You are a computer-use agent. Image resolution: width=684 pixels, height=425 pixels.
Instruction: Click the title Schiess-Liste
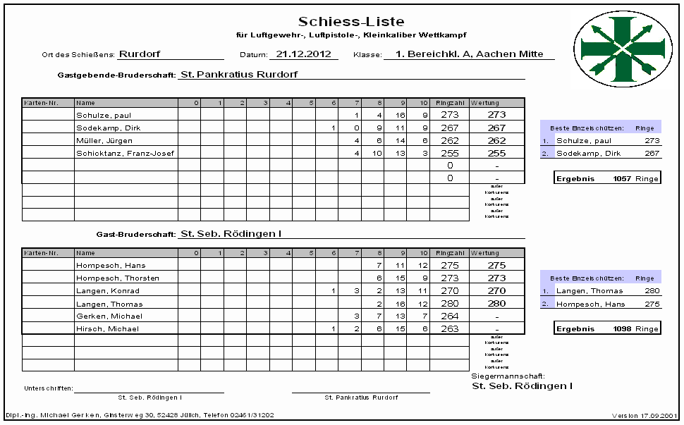pyautogui.click(x=351, y=22)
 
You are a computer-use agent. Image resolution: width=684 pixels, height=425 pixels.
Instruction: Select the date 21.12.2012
pyautogui.click(x=303, y=53)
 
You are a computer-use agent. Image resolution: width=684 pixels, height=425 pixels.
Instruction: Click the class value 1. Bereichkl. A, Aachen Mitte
pyautogui.click(x=469, y=54)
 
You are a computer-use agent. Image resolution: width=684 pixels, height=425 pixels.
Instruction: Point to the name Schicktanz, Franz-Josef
pyautogui.click(x=125, y=153)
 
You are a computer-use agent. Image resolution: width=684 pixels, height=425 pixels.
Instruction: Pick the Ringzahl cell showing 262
pyautogui.click(x=449, y=140)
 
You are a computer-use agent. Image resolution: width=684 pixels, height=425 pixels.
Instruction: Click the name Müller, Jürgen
pyautogui.click(x=104, y=140)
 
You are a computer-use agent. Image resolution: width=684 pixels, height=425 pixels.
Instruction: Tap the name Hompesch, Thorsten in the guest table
pyautogui.click(x=117, y=278)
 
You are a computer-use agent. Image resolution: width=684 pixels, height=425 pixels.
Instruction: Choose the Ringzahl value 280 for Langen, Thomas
pyautogui.click(x=449, y=304)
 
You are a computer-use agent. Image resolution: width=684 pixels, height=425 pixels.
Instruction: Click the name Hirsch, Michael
pyautogui.click(x=107, y=328)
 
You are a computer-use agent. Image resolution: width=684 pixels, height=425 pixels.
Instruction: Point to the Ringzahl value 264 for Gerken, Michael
pyautogui.click(x=449, y=316)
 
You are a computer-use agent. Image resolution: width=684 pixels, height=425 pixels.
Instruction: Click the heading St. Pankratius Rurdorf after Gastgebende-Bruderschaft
pyautogui.click(x=239, y=74)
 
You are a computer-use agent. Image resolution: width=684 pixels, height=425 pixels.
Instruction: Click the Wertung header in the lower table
pyautogui.click(x=485, y=252)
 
